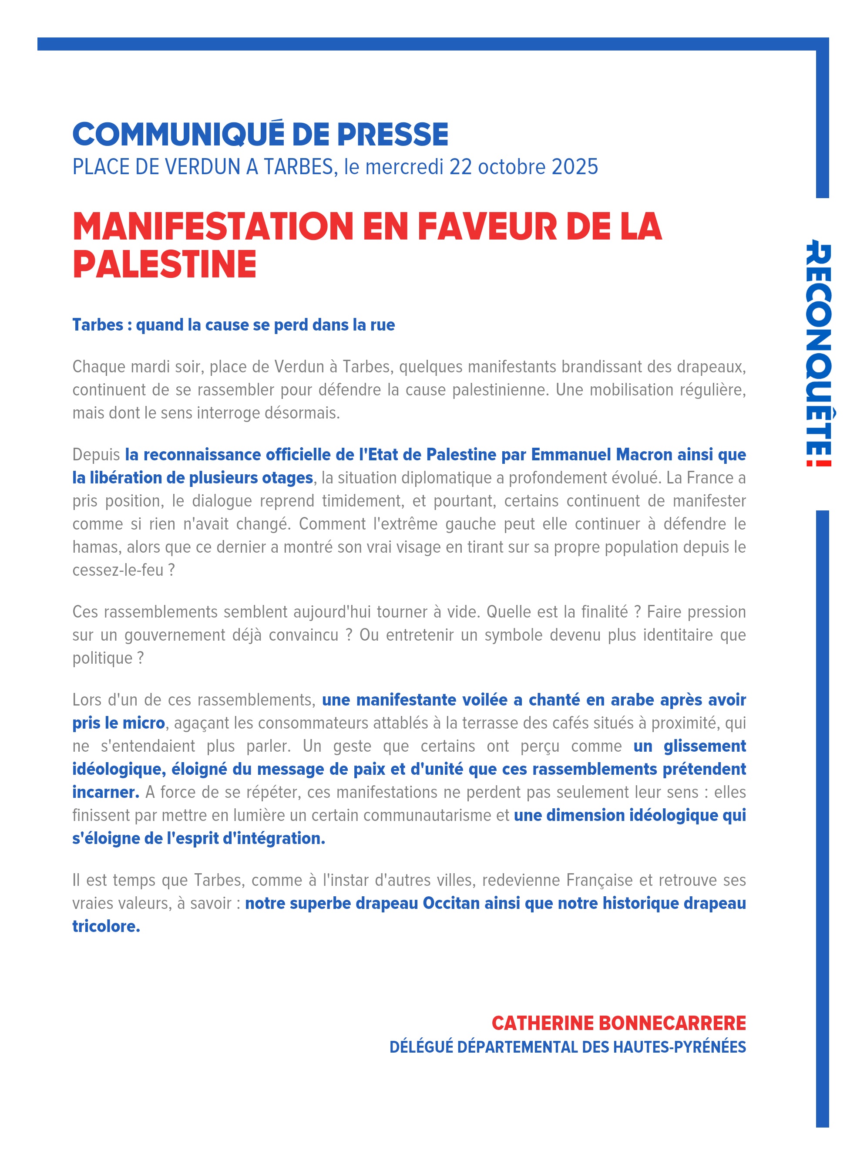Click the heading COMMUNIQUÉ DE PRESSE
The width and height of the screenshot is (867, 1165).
click(x=260, y=135)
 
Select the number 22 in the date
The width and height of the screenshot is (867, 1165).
click(x=460, y=167)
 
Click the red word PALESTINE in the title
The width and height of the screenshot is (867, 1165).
click(x=164, y=264)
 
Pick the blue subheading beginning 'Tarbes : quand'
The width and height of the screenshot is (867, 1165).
click(x=234, y=325)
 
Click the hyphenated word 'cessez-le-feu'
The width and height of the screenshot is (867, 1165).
click(x=118, y=570)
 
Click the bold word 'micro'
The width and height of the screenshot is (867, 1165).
click(x=143, y=723)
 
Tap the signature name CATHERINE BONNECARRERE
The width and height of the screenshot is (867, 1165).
click(x=618, y=1023)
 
